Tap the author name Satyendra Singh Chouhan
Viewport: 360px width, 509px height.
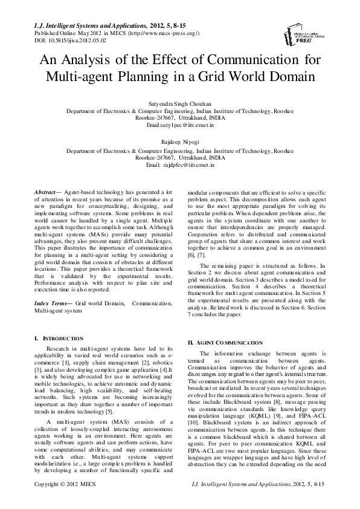(x=180, y=103)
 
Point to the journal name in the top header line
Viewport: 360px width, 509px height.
(x=86, y=26)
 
